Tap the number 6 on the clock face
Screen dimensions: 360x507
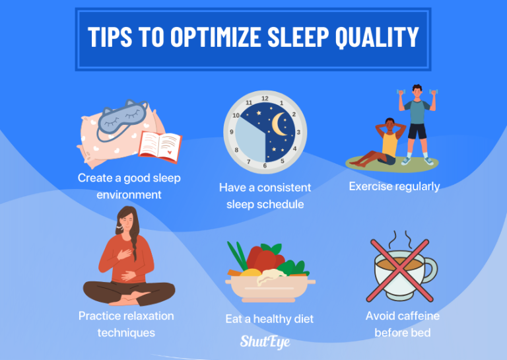(265, 165)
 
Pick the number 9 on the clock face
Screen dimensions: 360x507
(231, 131)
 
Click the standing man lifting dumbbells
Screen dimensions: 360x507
(417, 123)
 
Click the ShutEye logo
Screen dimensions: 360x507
(264, 342)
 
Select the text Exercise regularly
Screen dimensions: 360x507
(394, 186)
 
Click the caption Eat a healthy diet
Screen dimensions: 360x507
(269, 319)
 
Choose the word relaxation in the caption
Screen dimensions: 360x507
(145, 316)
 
